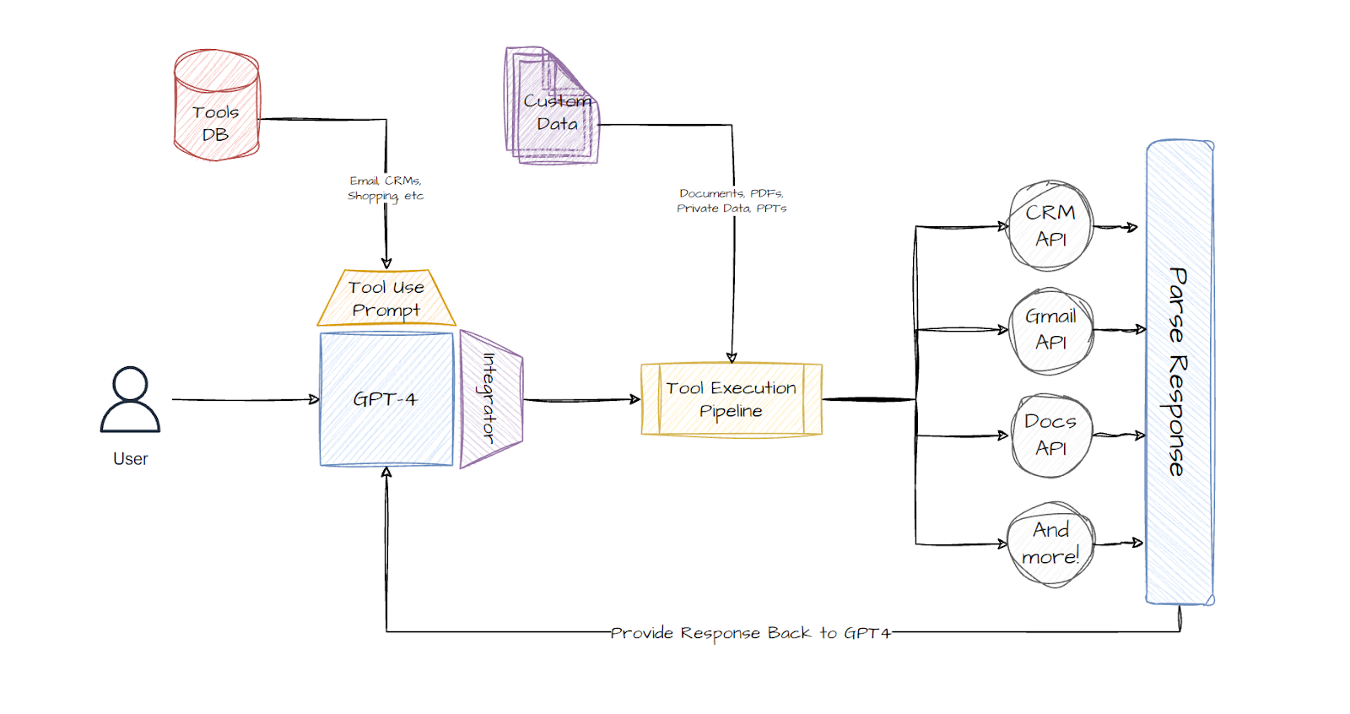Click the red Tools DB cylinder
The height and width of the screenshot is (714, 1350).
(216, 106)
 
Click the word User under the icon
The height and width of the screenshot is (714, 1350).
(130, 459)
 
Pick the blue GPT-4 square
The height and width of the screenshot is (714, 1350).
(386, 399)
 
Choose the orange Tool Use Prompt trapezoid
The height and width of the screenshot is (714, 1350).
(386, 299)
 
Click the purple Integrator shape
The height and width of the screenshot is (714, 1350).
(490, 399)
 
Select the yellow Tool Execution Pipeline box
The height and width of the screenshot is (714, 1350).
(731, 399)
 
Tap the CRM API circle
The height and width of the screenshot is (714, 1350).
(1050, 225)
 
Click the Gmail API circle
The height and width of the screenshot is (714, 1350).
(1050, 329)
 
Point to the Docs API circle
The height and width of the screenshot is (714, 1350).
(1050, 435)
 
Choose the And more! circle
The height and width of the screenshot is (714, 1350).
(1050, 544)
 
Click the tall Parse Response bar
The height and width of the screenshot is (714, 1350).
(1179, 371)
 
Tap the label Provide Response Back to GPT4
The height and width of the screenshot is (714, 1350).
(750, 633)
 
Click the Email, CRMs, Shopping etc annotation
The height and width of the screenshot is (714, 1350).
(386, 188)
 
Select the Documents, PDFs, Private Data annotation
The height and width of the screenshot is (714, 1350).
(732, 201)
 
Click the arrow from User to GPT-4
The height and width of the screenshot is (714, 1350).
(245, 399)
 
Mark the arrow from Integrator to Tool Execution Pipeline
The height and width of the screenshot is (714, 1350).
(581, 399)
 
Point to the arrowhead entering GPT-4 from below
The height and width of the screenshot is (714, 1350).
(386, 473)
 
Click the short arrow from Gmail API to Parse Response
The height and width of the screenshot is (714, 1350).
(1120, 329)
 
